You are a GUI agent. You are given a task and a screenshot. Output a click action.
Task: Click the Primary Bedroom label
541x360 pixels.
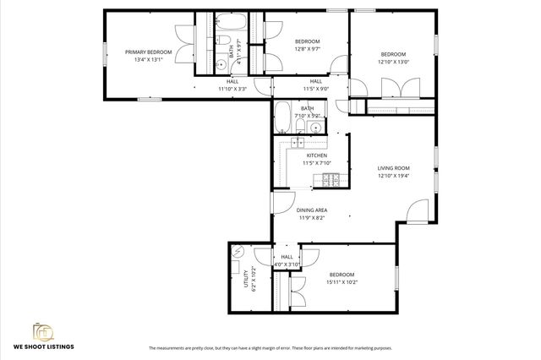[148, 52]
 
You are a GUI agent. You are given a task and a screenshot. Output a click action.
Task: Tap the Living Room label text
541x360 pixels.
[393, 168]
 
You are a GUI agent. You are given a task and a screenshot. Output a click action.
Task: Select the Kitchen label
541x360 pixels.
[317, 156]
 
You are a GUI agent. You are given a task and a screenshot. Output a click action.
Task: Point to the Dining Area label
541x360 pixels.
[312, 210]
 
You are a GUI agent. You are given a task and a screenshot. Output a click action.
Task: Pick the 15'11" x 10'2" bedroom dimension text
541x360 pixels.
[342, 282]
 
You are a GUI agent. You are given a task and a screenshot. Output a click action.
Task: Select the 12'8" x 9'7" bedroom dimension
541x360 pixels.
[307, 49]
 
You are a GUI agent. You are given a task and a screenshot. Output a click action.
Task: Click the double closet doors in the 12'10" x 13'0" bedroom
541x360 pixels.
[392, 89]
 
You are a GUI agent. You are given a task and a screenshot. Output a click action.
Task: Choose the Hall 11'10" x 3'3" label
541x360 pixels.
[232, 85]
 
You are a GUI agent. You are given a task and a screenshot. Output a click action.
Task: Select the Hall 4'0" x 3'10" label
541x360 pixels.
[287, 261]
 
